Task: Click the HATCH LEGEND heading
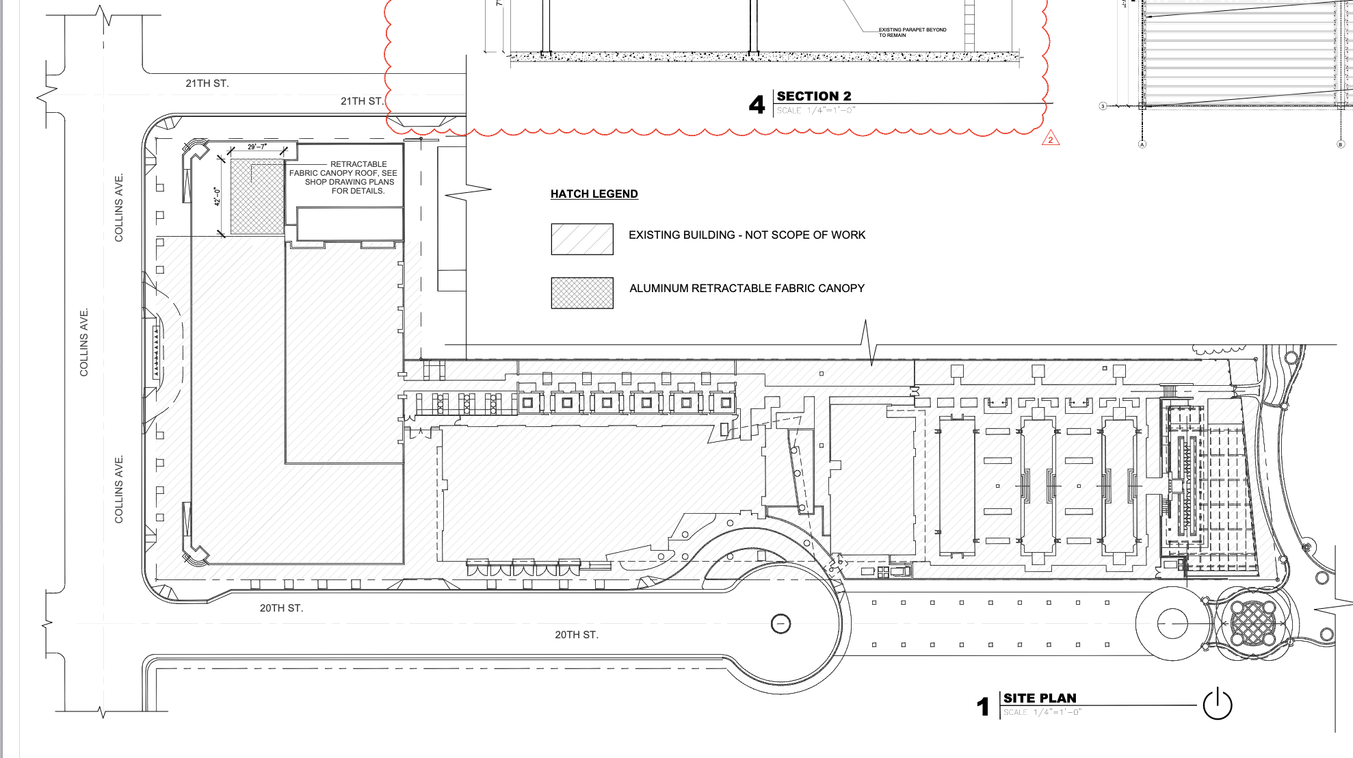[x=594, y=194]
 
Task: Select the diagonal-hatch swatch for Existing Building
[x=582, y=239]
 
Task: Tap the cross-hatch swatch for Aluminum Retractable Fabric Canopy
[x=582, y=293]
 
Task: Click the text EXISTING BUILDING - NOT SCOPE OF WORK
[x=747, y=235]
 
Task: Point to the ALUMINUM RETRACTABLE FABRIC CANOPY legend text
[x=747, y=289]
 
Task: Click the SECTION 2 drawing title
[x=814, y=96]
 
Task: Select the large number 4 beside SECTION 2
[x=757, y=105]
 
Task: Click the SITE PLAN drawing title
[x=1040, y=698]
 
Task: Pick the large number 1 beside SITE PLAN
[x=984, y=707]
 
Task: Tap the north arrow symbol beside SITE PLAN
[x=1218, y=705]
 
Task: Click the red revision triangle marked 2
[x=1051, y=140]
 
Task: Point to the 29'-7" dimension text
[x=257, y=147]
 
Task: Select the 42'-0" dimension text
[x=218, y=196]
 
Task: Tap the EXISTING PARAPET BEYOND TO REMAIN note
[x=912, y=32]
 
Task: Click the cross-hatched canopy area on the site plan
[x=257, y=197]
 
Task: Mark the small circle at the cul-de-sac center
[x=780, y=624]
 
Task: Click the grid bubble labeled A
[x=1142, y=144]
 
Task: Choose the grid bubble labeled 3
[x=1103, y=106]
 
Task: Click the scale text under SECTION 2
[x=815, y=111]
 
